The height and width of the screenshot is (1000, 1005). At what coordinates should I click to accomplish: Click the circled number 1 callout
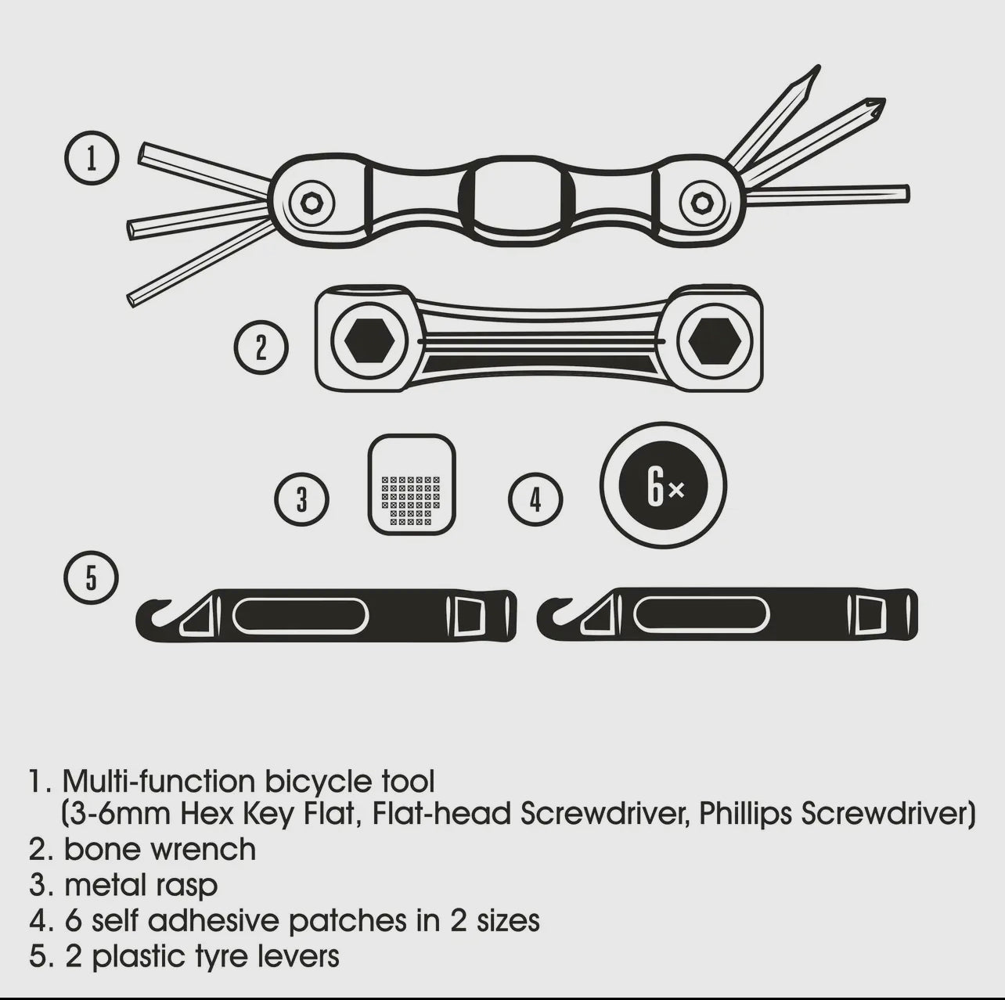coord(92,158)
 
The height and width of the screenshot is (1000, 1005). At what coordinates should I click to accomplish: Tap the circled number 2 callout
coord(261,347)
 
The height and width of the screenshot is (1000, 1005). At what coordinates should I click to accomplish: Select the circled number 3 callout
coord(301,498)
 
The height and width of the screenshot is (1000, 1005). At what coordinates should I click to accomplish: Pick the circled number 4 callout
coord(535,498)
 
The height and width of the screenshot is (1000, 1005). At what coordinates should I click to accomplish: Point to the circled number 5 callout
coord(92,579)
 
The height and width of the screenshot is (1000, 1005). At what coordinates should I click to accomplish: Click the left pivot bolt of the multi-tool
coord(312,203)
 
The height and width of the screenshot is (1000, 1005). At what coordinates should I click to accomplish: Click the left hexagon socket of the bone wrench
coord(368,341)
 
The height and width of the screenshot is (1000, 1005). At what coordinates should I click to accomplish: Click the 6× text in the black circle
coord(664,487)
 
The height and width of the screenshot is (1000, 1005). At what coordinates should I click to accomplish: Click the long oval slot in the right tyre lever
coord(701,616)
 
